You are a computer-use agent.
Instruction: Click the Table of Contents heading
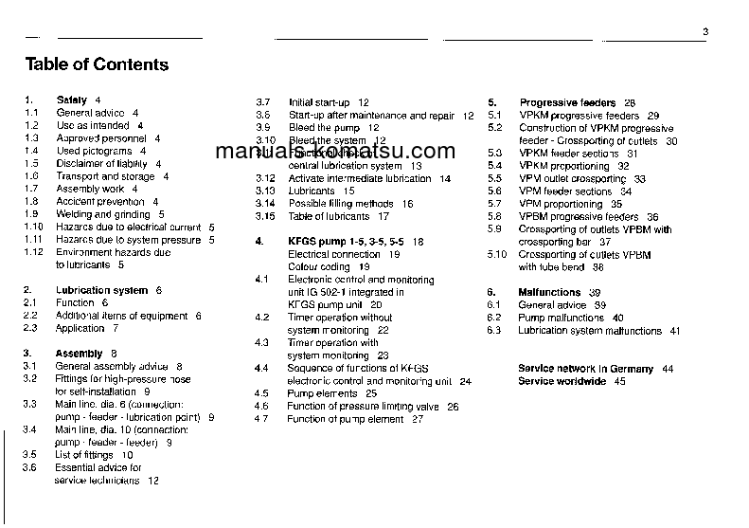coord(97,64)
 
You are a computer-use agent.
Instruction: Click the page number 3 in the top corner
coord(705,33)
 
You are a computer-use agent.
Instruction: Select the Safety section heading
coord(72,100)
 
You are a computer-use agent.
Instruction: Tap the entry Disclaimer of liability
coord(101,163)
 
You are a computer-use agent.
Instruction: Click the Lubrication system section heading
coord(101,290)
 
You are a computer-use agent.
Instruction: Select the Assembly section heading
coord(79,354)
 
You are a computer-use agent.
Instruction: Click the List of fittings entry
coord(87,455)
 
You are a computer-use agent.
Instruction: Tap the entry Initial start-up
coord(319,102)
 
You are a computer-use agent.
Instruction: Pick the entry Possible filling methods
coord(341,204)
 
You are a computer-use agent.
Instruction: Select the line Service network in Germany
coord(585,369)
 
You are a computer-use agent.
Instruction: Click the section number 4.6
coord(262,407)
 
